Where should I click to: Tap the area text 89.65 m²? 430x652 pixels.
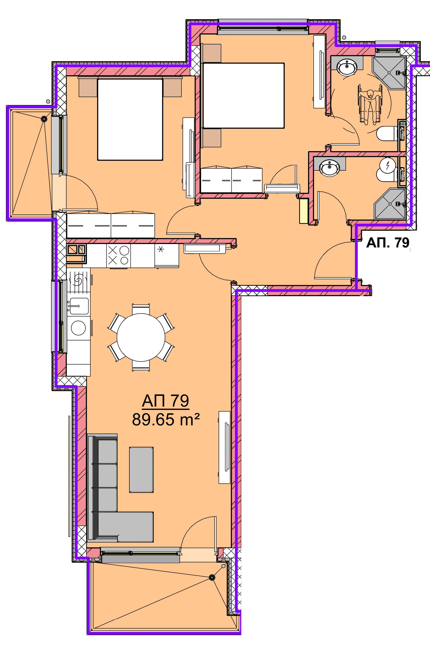coord(166,420)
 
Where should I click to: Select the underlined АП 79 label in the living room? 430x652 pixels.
coord(166,401)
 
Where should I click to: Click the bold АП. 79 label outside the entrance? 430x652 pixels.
coord(388,243)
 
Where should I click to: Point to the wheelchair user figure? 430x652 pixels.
coord(370,105)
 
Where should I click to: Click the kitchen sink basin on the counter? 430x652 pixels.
coord(78,306)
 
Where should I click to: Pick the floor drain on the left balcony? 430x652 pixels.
coord(43,119)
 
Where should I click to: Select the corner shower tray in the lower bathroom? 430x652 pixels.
coord(389,203)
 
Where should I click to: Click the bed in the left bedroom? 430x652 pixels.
coord(130,119)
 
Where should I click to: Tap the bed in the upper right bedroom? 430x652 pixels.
coord(243,96)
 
